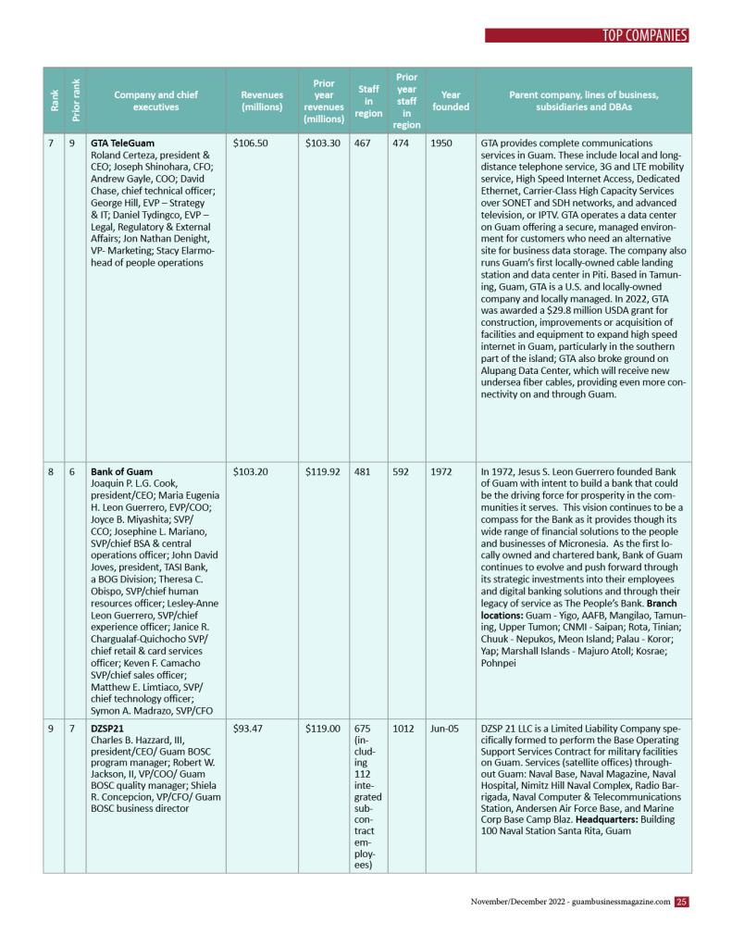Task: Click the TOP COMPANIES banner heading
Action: point(645,36)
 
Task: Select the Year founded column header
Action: point(451,101)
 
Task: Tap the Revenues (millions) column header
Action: point(262,101)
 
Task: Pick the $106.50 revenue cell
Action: point(251,143)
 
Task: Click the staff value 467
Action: point(364,143)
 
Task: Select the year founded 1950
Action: point(440,143)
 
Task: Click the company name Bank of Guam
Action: point(121,471)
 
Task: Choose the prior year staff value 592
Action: point(403,471)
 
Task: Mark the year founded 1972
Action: point(440,471)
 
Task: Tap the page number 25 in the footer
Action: point(681,901)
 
